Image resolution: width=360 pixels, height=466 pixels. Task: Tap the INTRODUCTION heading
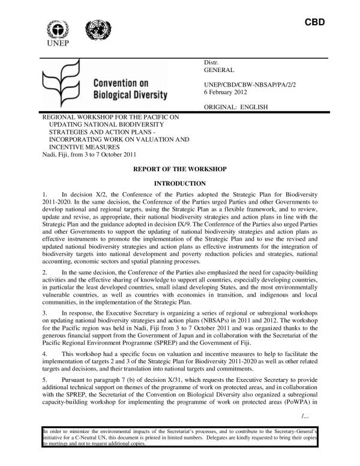[180, 183]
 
